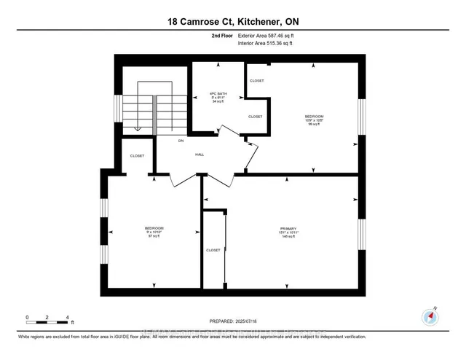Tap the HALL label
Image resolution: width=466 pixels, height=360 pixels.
tap(199, 155)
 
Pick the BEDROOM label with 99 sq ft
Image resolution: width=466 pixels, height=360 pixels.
tap(314, 120)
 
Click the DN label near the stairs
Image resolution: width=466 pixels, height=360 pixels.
tap(181, 140)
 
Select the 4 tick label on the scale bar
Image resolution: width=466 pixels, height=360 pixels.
tap(67, 318)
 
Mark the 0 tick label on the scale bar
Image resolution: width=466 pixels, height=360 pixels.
tap(27, 318)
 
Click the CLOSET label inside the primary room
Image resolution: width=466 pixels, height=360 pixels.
tap(213, 250)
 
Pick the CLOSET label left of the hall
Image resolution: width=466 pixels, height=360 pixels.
tap(137, 156)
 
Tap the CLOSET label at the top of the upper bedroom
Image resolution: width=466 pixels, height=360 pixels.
tap(256, 81)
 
